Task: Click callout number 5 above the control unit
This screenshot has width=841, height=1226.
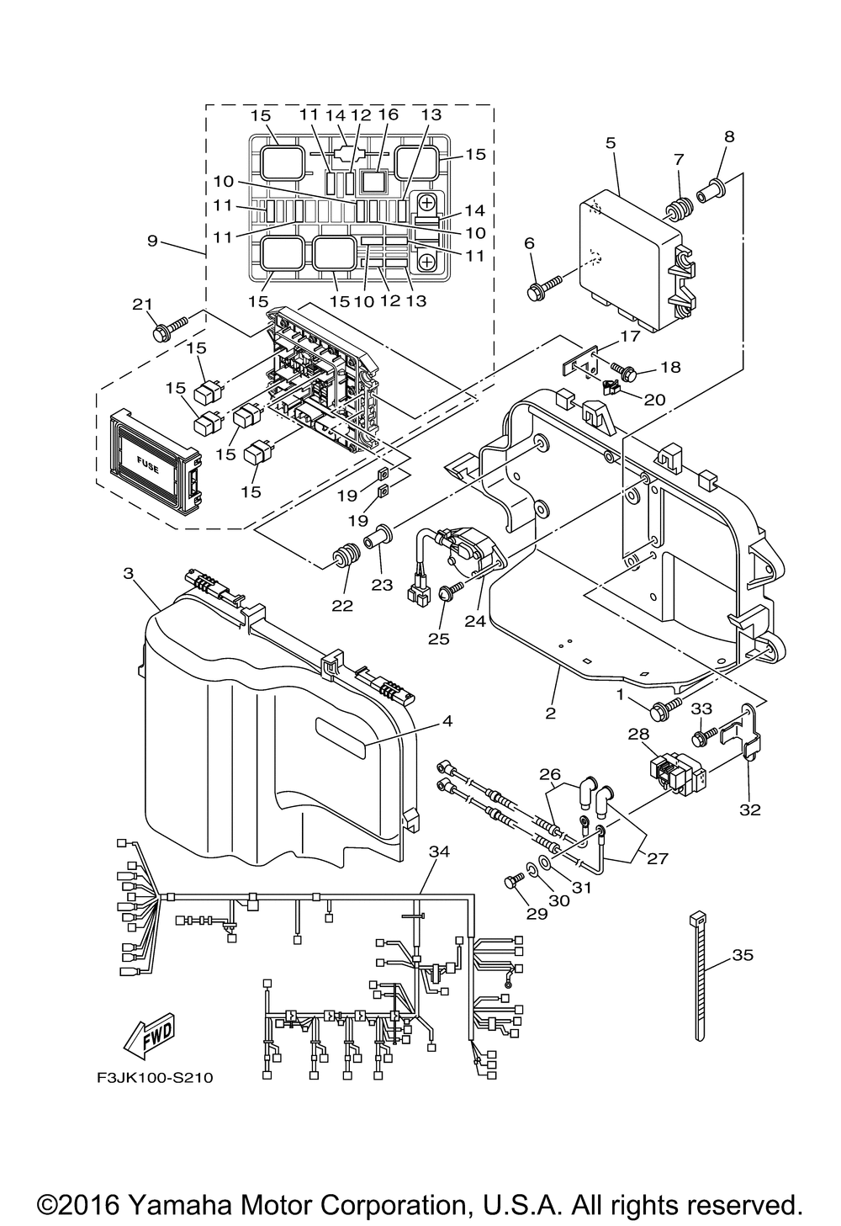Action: [611, 143]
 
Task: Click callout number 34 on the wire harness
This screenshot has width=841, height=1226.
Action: [439, 852]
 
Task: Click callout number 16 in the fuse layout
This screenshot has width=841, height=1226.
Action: [388, 115]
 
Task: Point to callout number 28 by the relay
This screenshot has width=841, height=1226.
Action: [637, 734]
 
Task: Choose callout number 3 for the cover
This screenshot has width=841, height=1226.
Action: [128, 573]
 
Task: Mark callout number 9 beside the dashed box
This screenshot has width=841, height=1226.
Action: [152, 241]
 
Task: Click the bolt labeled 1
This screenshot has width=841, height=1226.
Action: [664, 709]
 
